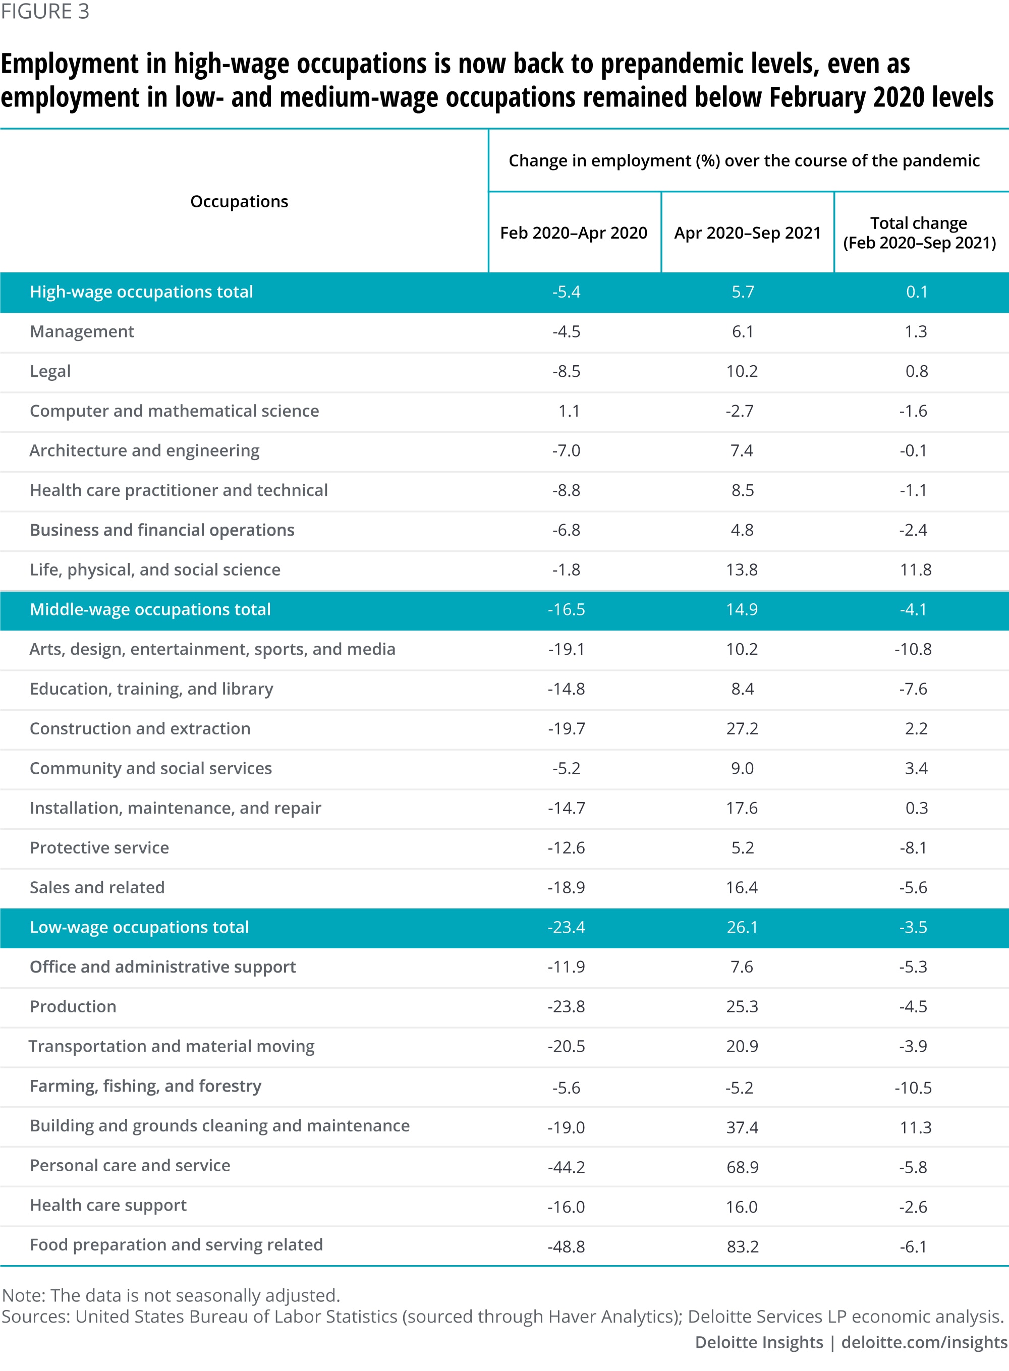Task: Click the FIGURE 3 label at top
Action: click(x=45, y=12)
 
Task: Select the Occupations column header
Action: click(x=239, y=202)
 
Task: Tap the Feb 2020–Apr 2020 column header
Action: click(x=574, y=233)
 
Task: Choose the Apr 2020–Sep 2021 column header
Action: click(x=747, y=233)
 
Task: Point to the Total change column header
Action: click(x=919, y=233)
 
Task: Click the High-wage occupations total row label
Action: click(x=141, y=292)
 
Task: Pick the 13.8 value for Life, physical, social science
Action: click(x=742, y=570)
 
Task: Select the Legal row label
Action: click(x=50, y=371)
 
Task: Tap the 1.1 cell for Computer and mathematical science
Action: click(x=569, y=411)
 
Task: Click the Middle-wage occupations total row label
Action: click(x=150, y=609)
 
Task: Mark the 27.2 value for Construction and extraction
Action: click(x=742, y=728)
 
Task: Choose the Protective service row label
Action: click(x=99, y=847)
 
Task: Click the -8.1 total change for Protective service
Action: click(x=913, y=847)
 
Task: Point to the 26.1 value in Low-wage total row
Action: click(x=742, y=927)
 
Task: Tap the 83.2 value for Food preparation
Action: click(x=743, y=1246)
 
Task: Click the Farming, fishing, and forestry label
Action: click(x=145, y=1086)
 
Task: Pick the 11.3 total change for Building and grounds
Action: click(x=916, y=1127)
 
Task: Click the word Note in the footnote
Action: click(x=23, y=1295)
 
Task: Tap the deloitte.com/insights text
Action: click(x=924, y=1342)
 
